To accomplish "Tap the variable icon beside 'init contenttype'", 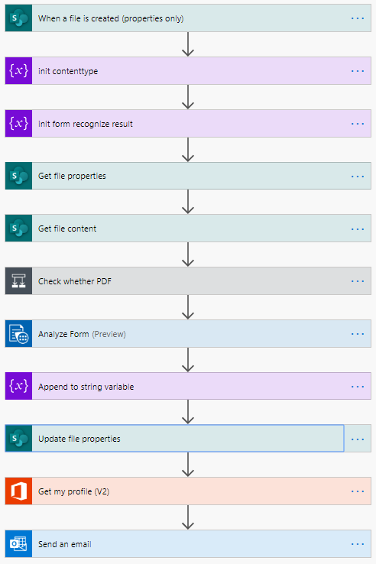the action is tap(18, 71).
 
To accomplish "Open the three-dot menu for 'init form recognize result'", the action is tap(358, 124).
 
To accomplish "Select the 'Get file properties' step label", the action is tap(72, 176).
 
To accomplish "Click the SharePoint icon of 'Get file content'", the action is tap(18, 229).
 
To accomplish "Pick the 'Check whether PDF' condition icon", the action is tap(18, 281).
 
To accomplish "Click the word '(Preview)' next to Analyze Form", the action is tap(109, 334).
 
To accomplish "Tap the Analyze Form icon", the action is tap(18, 334).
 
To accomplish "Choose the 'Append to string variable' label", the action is tap(86, 387).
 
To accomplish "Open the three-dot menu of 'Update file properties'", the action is tap(358, 439).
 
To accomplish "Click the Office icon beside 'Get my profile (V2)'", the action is tap(18, 491).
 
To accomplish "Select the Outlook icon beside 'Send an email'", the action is tap(18, 544).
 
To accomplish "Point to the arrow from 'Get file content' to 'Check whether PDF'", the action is tap(188, 254).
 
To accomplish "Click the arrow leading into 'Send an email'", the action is tap(188, 517).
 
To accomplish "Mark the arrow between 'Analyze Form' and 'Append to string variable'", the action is tap(188, 360).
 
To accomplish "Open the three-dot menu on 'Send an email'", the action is tap(358, 544).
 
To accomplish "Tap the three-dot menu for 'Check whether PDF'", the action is tap(358, 281).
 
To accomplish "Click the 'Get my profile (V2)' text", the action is tap(74, 491).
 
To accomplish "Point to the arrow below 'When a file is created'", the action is tap(188, 44).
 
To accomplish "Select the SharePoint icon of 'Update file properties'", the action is tap(18, 439).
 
